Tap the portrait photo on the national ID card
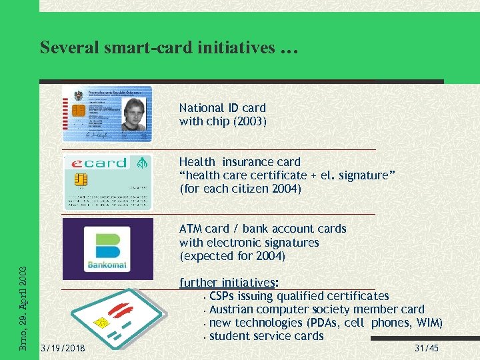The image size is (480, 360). pyautogui.click(x=133, y=114)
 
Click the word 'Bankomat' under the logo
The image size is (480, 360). pyautogui.click(x=107, y=265)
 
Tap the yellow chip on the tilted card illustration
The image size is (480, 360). pyautogui.click(x=102, y=323)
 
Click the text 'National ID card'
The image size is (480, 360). pyautogui.click(x=222, y=108)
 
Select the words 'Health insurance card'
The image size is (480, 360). pyautogui.click(x=239, y=162)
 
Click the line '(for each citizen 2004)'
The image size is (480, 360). pyautogui.click(x=240, y=189)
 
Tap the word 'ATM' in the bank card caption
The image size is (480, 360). pyautogui.click(x=190, y=229)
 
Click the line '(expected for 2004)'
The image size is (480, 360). pyautogui.click(x=232, y=256)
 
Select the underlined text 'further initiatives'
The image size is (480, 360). pyautogui.click(x=227, y=283)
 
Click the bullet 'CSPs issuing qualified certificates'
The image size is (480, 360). pyautogui.click(x=299, y=296)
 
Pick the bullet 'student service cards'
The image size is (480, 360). pyautogui.click(x=266, y=336)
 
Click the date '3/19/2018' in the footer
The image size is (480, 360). pyautogui.click(x=62, y=348)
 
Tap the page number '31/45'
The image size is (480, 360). pyautogui.click(x=426, y=348)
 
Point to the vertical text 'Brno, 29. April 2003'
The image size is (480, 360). pyautogui.click(x=23, y=308)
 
